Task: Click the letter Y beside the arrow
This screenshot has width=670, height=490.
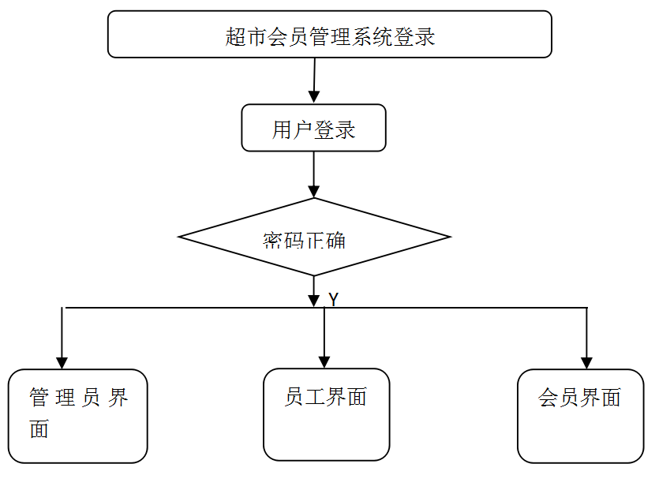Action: pyautogui.click(x=334, y=300)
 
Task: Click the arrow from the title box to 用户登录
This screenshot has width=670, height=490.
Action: pyautogui.click(x=314, y=79)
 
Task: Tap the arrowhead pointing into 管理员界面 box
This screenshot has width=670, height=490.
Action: pyautogui.click(x=62, y=362)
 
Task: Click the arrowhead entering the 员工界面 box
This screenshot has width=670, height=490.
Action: pyautogui.click(x=324, y=361)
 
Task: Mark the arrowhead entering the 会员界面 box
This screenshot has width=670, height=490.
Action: pyautogui.click(x=586, y=362)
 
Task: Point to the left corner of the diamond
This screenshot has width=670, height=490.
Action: pyautogui.click(x=181, y=237)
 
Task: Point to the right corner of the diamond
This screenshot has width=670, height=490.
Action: pyautogui.click(x=448, y=237)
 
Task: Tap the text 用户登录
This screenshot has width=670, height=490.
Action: pyautogui.click(x=313, y=129)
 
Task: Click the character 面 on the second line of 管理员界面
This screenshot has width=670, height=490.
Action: pyautogui.click(x=39, y=428)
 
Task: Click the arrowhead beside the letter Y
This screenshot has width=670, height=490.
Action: pyautogui.click(x=314, y=300)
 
